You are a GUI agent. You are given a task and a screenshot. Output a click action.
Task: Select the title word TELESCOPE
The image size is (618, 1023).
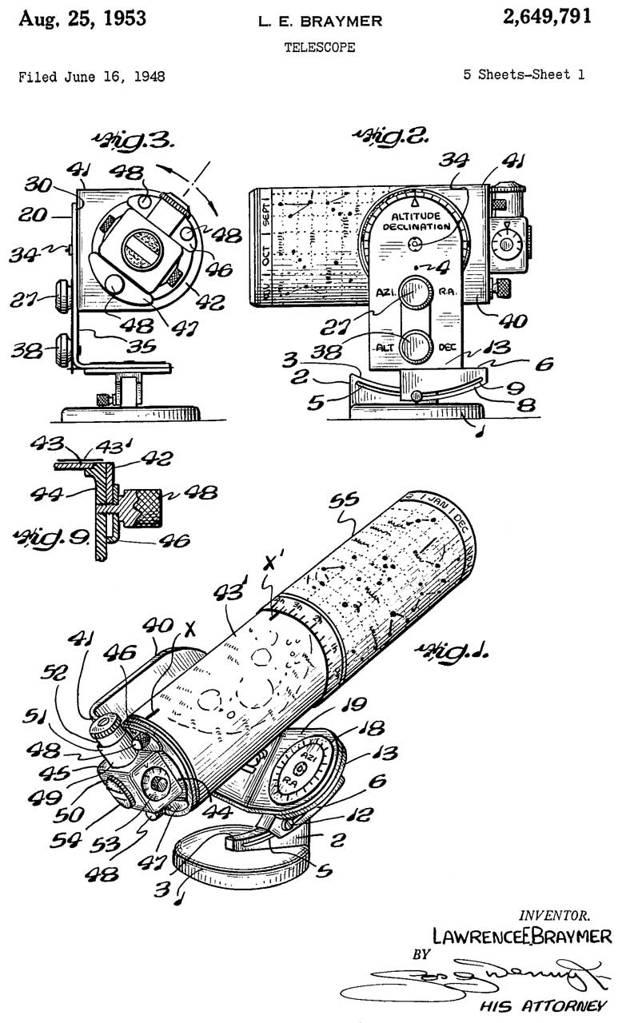pos(320,48)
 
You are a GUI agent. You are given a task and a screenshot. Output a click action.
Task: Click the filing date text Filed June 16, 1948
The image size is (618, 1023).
pos(92,77)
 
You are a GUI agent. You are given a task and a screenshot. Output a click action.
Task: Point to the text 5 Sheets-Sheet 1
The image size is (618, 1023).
pos(524,75)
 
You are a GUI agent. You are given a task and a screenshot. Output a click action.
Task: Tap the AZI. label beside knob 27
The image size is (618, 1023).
pos(386,293)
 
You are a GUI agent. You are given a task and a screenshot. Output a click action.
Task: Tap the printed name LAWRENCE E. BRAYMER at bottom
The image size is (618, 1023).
pos(521,934)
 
